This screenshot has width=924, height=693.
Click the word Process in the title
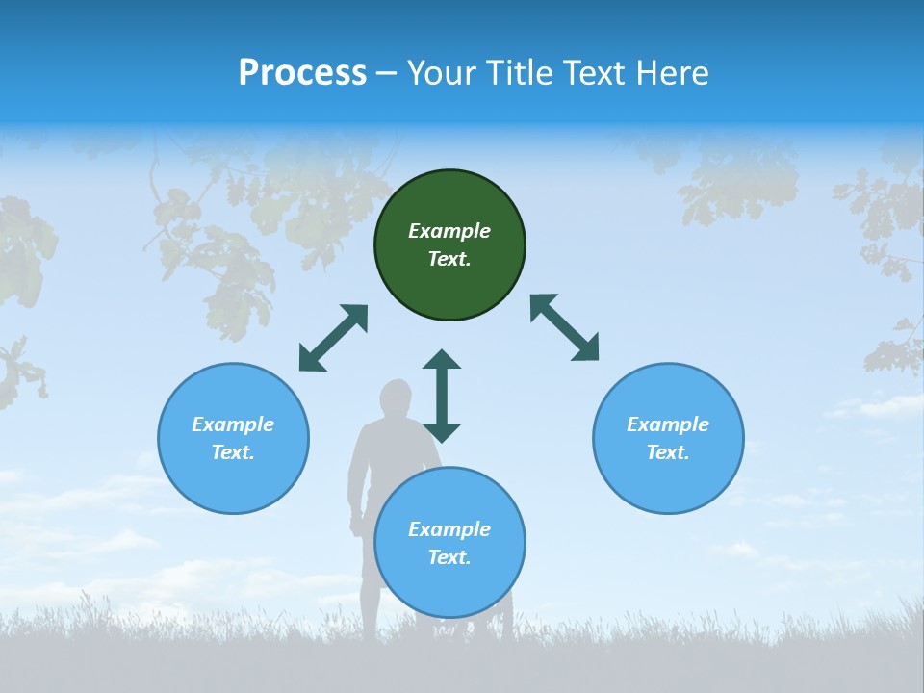302,73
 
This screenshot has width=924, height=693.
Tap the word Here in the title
671,73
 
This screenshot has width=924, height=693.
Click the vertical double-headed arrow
442,396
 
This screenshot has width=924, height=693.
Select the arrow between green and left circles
333,338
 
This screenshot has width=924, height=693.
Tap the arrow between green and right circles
565,328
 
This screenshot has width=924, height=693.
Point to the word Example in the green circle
449,231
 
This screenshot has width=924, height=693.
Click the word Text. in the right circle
667,452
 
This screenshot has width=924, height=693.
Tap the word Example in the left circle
233,424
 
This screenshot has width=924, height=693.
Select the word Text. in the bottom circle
449,557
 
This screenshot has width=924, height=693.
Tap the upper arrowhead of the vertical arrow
442,361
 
